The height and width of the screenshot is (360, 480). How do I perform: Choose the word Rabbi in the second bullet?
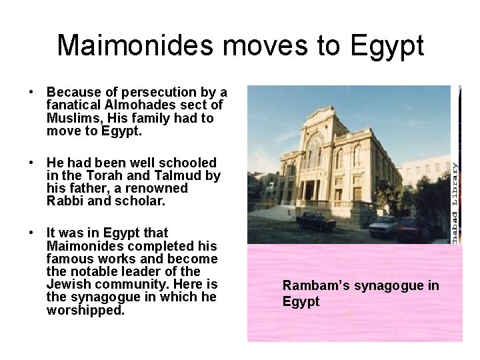[66, 201]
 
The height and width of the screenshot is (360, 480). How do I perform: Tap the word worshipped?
[85, 310]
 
